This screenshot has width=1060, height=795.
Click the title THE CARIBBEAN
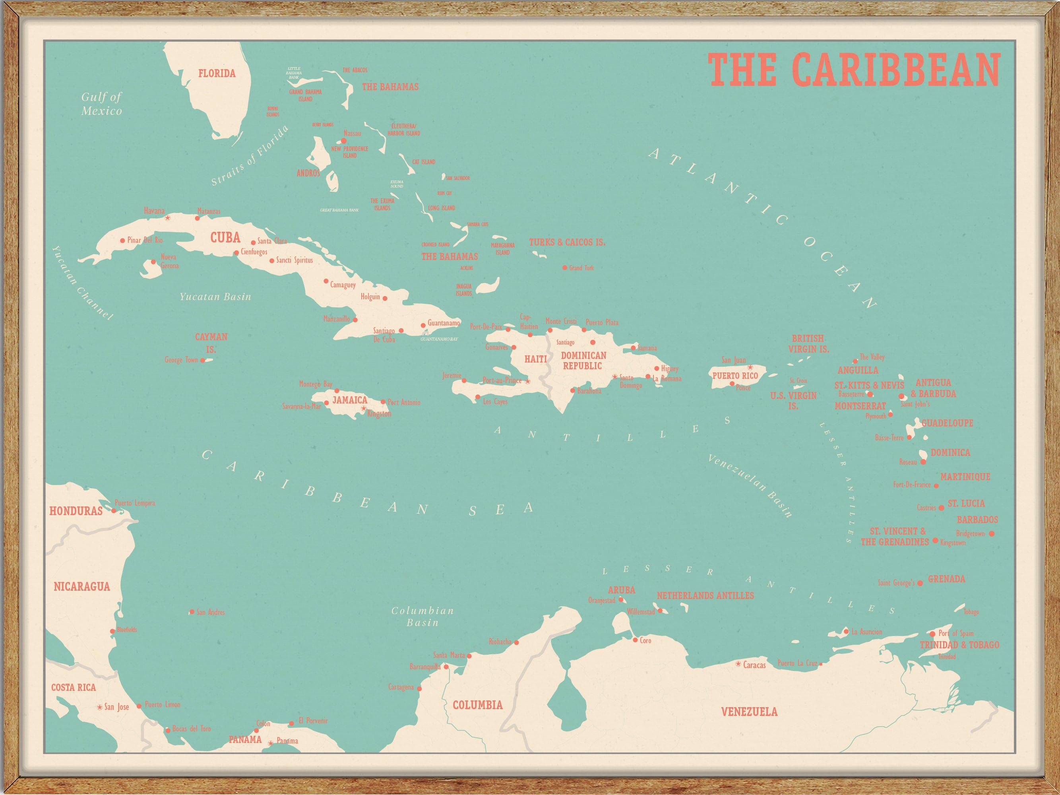pos(854,70)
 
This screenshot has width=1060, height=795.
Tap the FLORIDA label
pos(217,73)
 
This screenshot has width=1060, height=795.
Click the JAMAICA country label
pos(350,399)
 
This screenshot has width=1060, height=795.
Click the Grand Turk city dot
pos(564,268)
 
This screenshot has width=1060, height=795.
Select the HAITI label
pos(535,359)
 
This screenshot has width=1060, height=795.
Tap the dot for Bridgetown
pos(992,533)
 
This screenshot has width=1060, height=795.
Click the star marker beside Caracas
pos(738,664)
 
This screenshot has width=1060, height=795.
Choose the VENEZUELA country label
pos(749,712)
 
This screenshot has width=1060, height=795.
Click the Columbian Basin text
pos(422,616)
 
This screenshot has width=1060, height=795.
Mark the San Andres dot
pos(192,612)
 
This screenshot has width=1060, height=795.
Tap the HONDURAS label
pos(76,511)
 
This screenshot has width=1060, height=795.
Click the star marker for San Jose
pos(100,707)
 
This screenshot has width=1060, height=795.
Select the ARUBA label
pos(622,590)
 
